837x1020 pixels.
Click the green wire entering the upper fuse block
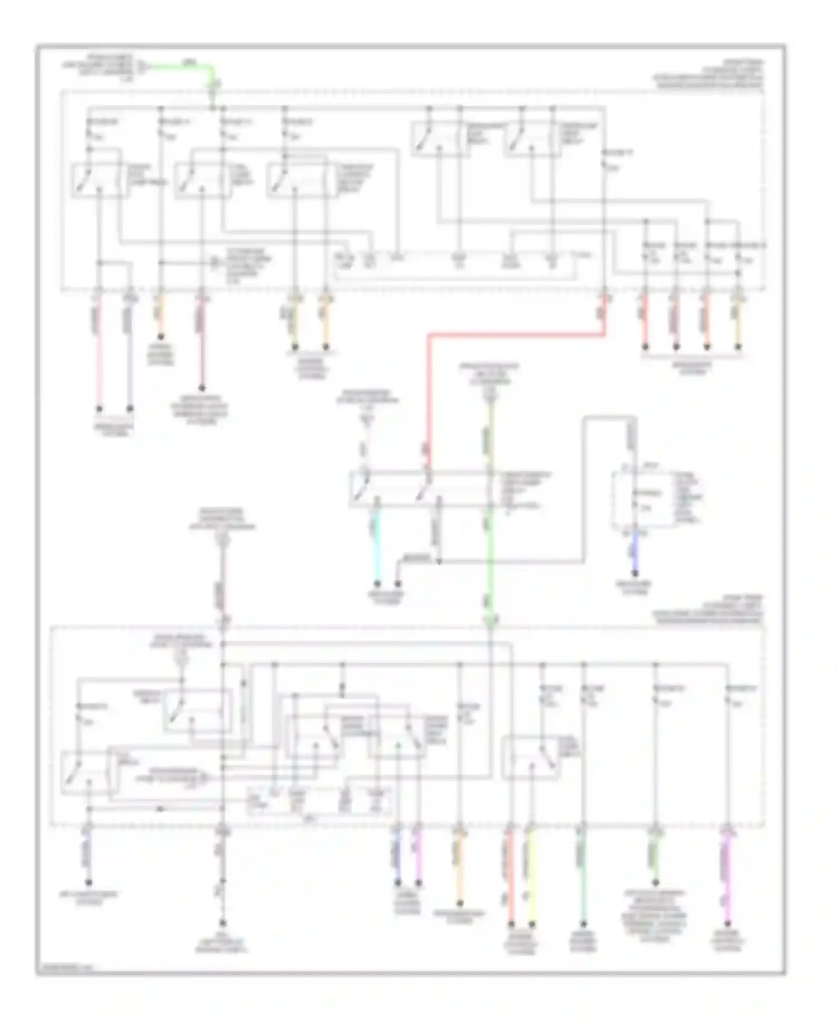[x=184, y=66]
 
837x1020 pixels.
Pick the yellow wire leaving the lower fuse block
[x=532, y=882]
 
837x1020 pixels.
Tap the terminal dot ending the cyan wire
[x=377, y=584]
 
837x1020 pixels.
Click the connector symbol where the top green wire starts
[x=143, y=67]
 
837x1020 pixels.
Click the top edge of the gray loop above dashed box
[x=610, y=417]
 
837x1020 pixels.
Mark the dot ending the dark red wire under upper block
[x=202, y=388]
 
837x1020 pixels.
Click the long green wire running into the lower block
[x=490, y=569]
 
